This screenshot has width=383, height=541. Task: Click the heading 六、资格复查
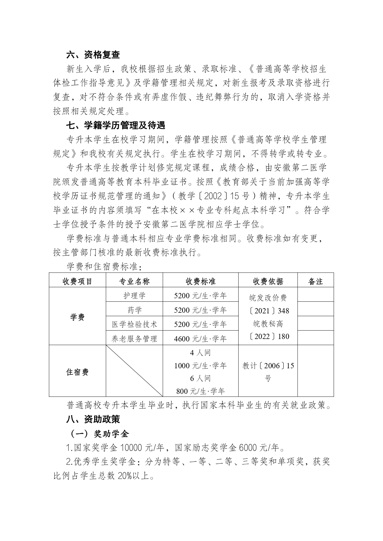click(x=93, y=55)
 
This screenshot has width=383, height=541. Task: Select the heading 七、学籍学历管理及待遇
click(x=116, y=126)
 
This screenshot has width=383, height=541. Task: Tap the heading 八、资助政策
click(x=93, y=419)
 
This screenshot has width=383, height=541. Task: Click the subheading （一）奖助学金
click(x=98, y=434)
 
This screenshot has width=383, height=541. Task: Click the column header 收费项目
click(x=77, y=281)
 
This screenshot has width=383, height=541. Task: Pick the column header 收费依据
click(x=268, y=281)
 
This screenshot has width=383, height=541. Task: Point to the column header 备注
click(x=315, y=281)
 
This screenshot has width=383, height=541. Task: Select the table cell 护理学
click(x=134, y=295)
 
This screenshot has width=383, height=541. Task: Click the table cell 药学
click(x=134, y=310)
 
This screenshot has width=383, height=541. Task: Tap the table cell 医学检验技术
click(x=134, y=324)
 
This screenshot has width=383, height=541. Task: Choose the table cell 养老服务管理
click(x=134, y=339)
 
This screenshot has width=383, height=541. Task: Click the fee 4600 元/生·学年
click(x=200, y=339)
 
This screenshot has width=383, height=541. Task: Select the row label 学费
click(x=77, y=317)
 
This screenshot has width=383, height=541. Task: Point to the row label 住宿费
click(x=77, y=372)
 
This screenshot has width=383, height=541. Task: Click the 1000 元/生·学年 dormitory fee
click(x=200, y=366)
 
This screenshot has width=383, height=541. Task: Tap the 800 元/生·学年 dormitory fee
click(x=200, y=391)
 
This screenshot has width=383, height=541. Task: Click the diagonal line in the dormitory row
click(x=134, y=371)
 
